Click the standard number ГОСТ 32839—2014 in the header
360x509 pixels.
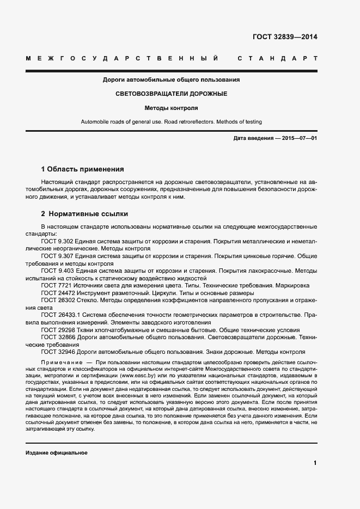click(285, 38)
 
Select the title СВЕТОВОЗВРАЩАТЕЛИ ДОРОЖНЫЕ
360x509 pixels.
click(171, 94)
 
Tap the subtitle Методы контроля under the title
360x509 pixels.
click(171, 108)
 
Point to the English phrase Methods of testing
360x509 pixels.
click(236, 122)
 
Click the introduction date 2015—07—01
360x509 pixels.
click(299, 138)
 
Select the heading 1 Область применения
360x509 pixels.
click(83, 169)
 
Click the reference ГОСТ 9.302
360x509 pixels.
click(57, 240)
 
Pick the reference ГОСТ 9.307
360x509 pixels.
click(57, 255)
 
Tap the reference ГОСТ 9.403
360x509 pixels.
click(57, 270)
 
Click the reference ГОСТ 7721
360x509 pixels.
click(56, 285)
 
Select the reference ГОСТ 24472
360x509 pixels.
click(58, 292)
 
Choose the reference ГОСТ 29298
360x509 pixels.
click(58, 330)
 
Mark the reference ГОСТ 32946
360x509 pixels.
click(58, 352)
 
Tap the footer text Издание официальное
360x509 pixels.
click(57, 453)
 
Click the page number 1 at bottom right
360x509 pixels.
click(315, 463)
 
